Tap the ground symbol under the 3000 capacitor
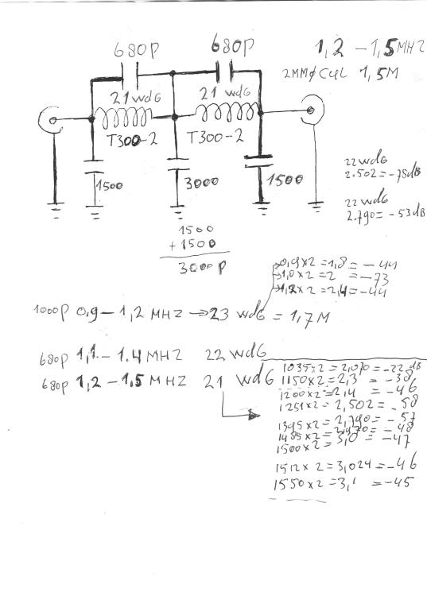tap(173, 212)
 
